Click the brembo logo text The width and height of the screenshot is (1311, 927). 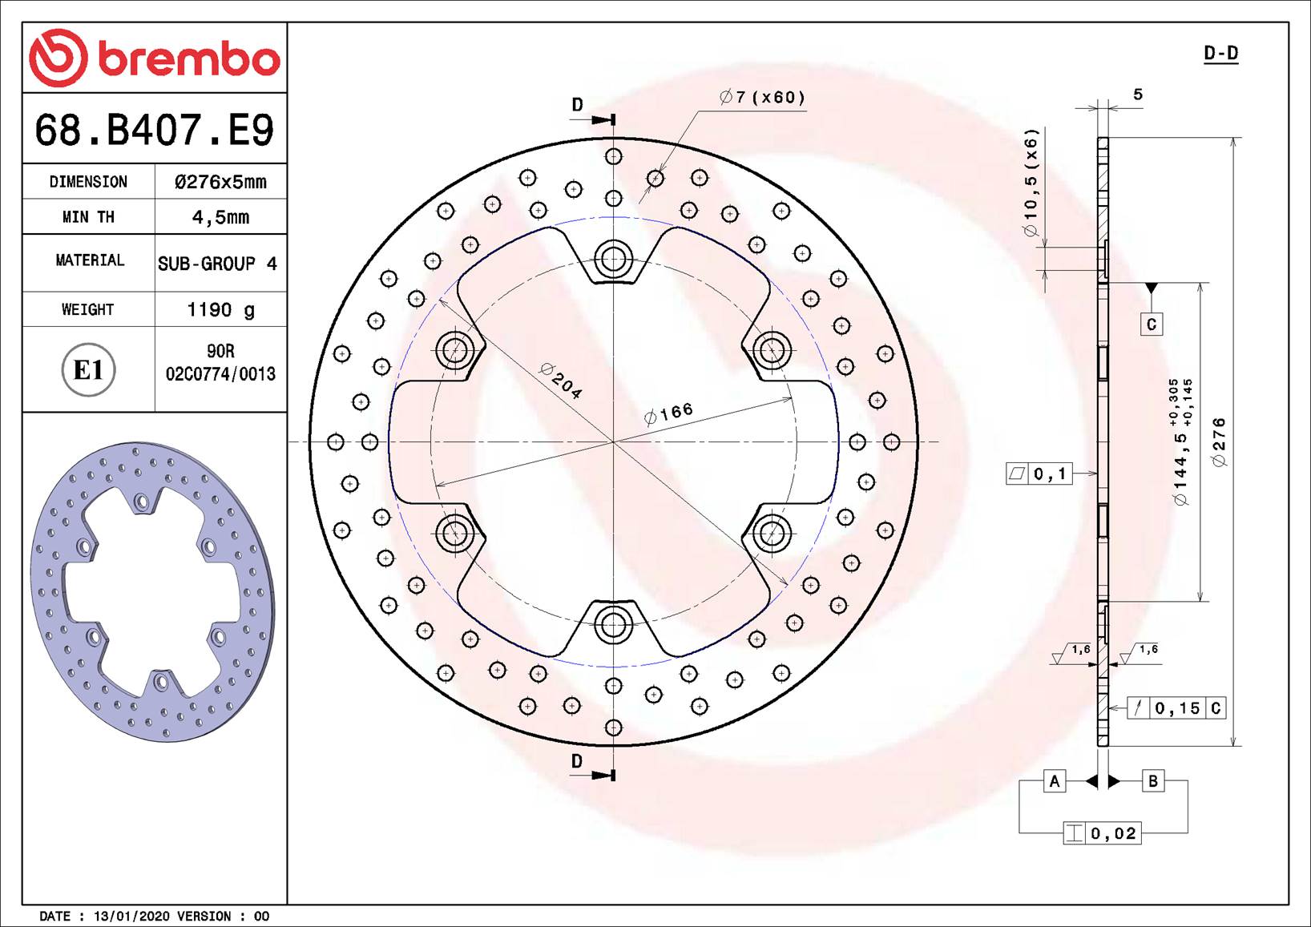189,59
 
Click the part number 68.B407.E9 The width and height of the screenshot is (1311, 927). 155,130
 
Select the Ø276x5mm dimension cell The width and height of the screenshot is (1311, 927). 220,182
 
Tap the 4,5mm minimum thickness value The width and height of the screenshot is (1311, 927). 220,217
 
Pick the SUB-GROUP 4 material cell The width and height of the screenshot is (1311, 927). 217,264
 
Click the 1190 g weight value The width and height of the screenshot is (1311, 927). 220,310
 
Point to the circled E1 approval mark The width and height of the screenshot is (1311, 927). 88,370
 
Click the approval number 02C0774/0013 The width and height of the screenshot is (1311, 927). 220,374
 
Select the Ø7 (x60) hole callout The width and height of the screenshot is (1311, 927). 762,98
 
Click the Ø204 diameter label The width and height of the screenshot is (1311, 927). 561,381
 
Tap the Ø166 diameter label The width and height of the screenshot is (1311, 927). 669,413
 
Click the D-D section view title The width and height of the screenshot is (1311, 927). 1220,54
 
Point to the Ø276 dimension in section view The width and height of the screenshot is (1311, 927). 1219,441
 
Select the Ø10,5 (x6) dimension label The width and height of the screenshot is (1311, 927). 1031,183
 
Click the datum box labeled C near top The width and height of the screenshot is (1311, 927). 1151,324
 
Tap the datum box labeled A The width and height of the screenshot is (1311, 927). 1055,781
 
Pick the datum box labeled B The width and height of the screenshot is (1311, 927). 1152,781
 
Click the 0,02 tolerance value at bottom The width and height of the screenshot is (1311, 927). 1113,833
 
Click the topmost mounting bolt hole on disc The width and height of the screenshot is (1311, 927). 613,259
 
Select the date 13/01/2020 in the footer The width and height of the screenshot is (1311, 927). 131,916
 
